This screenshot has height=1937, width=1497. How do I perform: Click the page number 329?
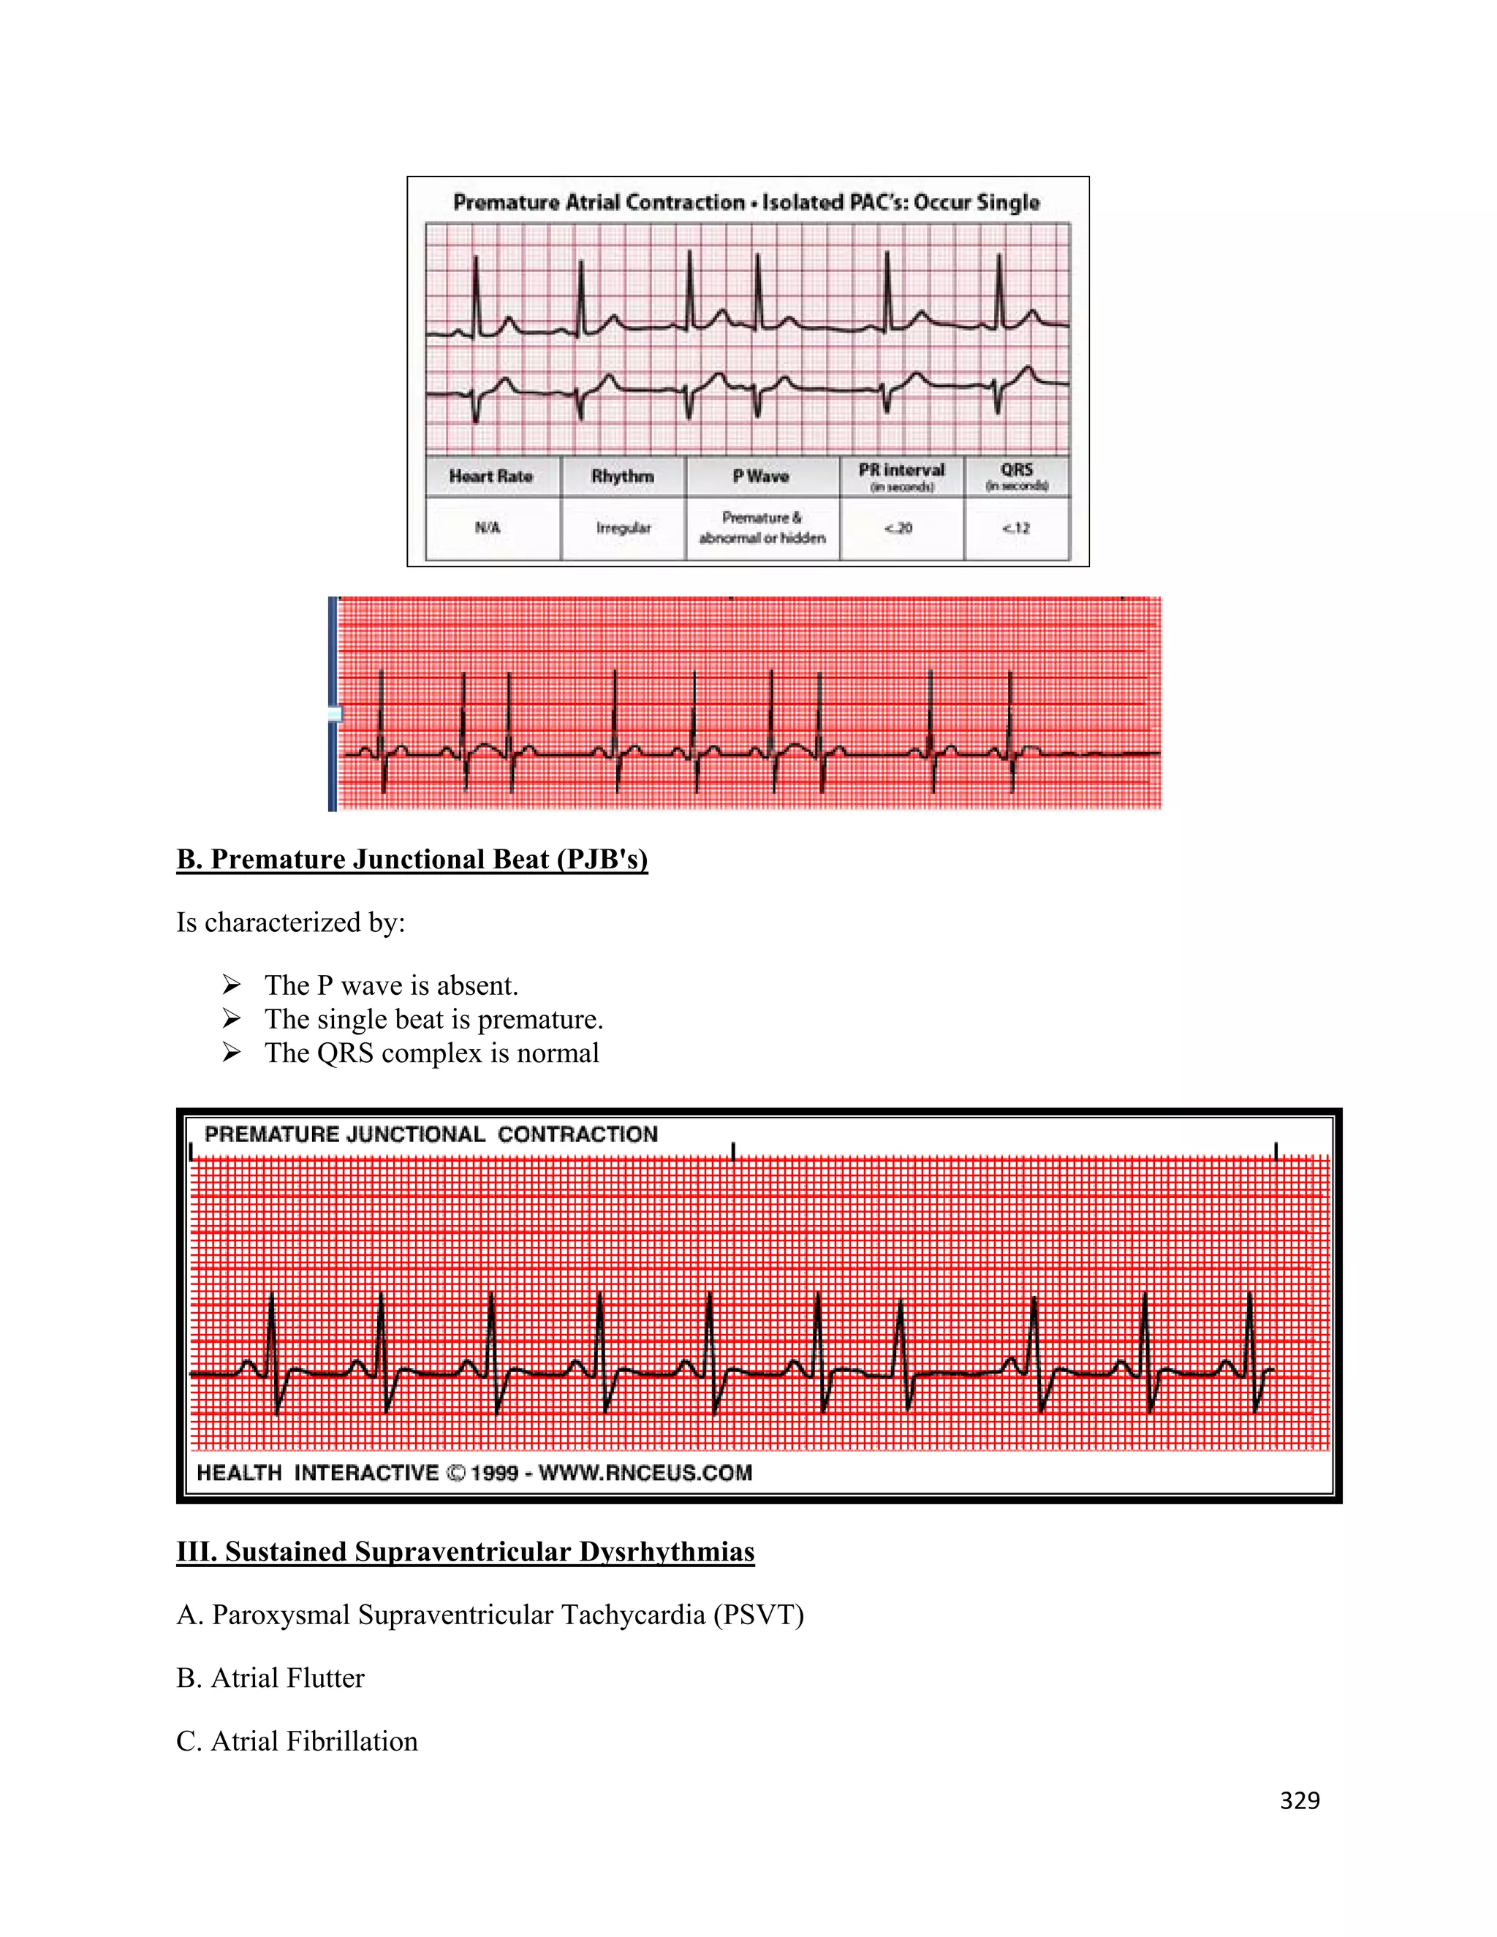[1299, 1800]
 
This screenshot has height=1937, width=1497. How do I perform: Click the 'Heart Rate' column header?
[490, 477]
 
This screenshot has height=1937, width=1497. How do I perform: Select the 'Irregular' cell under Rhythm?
[624, 528]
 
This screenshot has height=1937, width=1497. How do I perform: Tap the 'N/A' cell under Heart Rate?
[488, 528]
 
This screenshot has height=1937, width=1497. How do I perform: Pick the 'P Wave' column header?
[761, 477]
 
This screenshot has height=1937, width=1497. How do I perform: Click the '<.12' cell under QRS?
[1016, 528]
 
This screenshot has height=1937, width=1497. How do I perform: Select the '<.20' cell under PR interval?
[898, 528]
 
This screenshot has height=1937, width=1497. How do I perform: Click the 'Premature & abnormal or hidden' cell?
[762, 528]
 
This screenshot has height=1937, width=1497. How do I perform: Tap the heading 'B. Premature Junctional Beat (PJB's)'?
[412, 860]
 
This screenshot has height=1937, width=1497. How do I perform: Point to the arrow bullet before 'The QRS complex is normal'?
[232, 1053]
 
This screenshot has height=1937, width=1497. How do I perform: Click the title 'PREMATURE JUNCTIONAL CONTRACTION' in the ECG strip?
[431, 1134]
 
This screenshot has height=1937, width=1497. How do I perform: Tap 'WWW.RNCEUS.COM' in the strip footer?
[645, 1473]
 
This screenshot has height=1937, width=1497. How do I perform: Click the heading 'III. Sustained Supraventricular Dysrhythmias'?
[465, 1552]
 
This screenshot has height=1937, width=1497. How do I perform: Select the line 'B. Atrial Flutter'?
[270, 1678]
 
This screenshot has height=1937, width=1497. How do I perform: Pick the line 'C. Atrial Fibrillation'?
[297, 1741]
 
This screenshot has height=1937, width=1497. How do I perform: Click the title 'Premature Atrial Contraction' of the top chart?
[599, 202]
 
